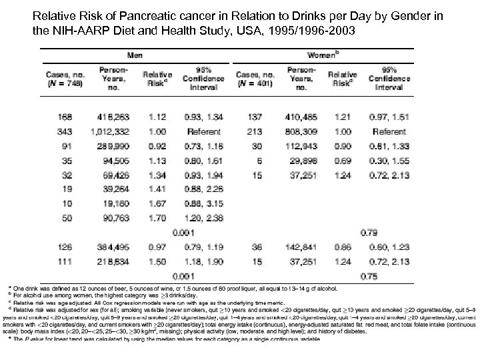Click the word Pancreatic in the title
144,16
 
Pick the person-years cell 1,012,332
112,131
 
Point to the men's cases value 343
65,131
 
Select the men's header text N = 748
65,85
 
